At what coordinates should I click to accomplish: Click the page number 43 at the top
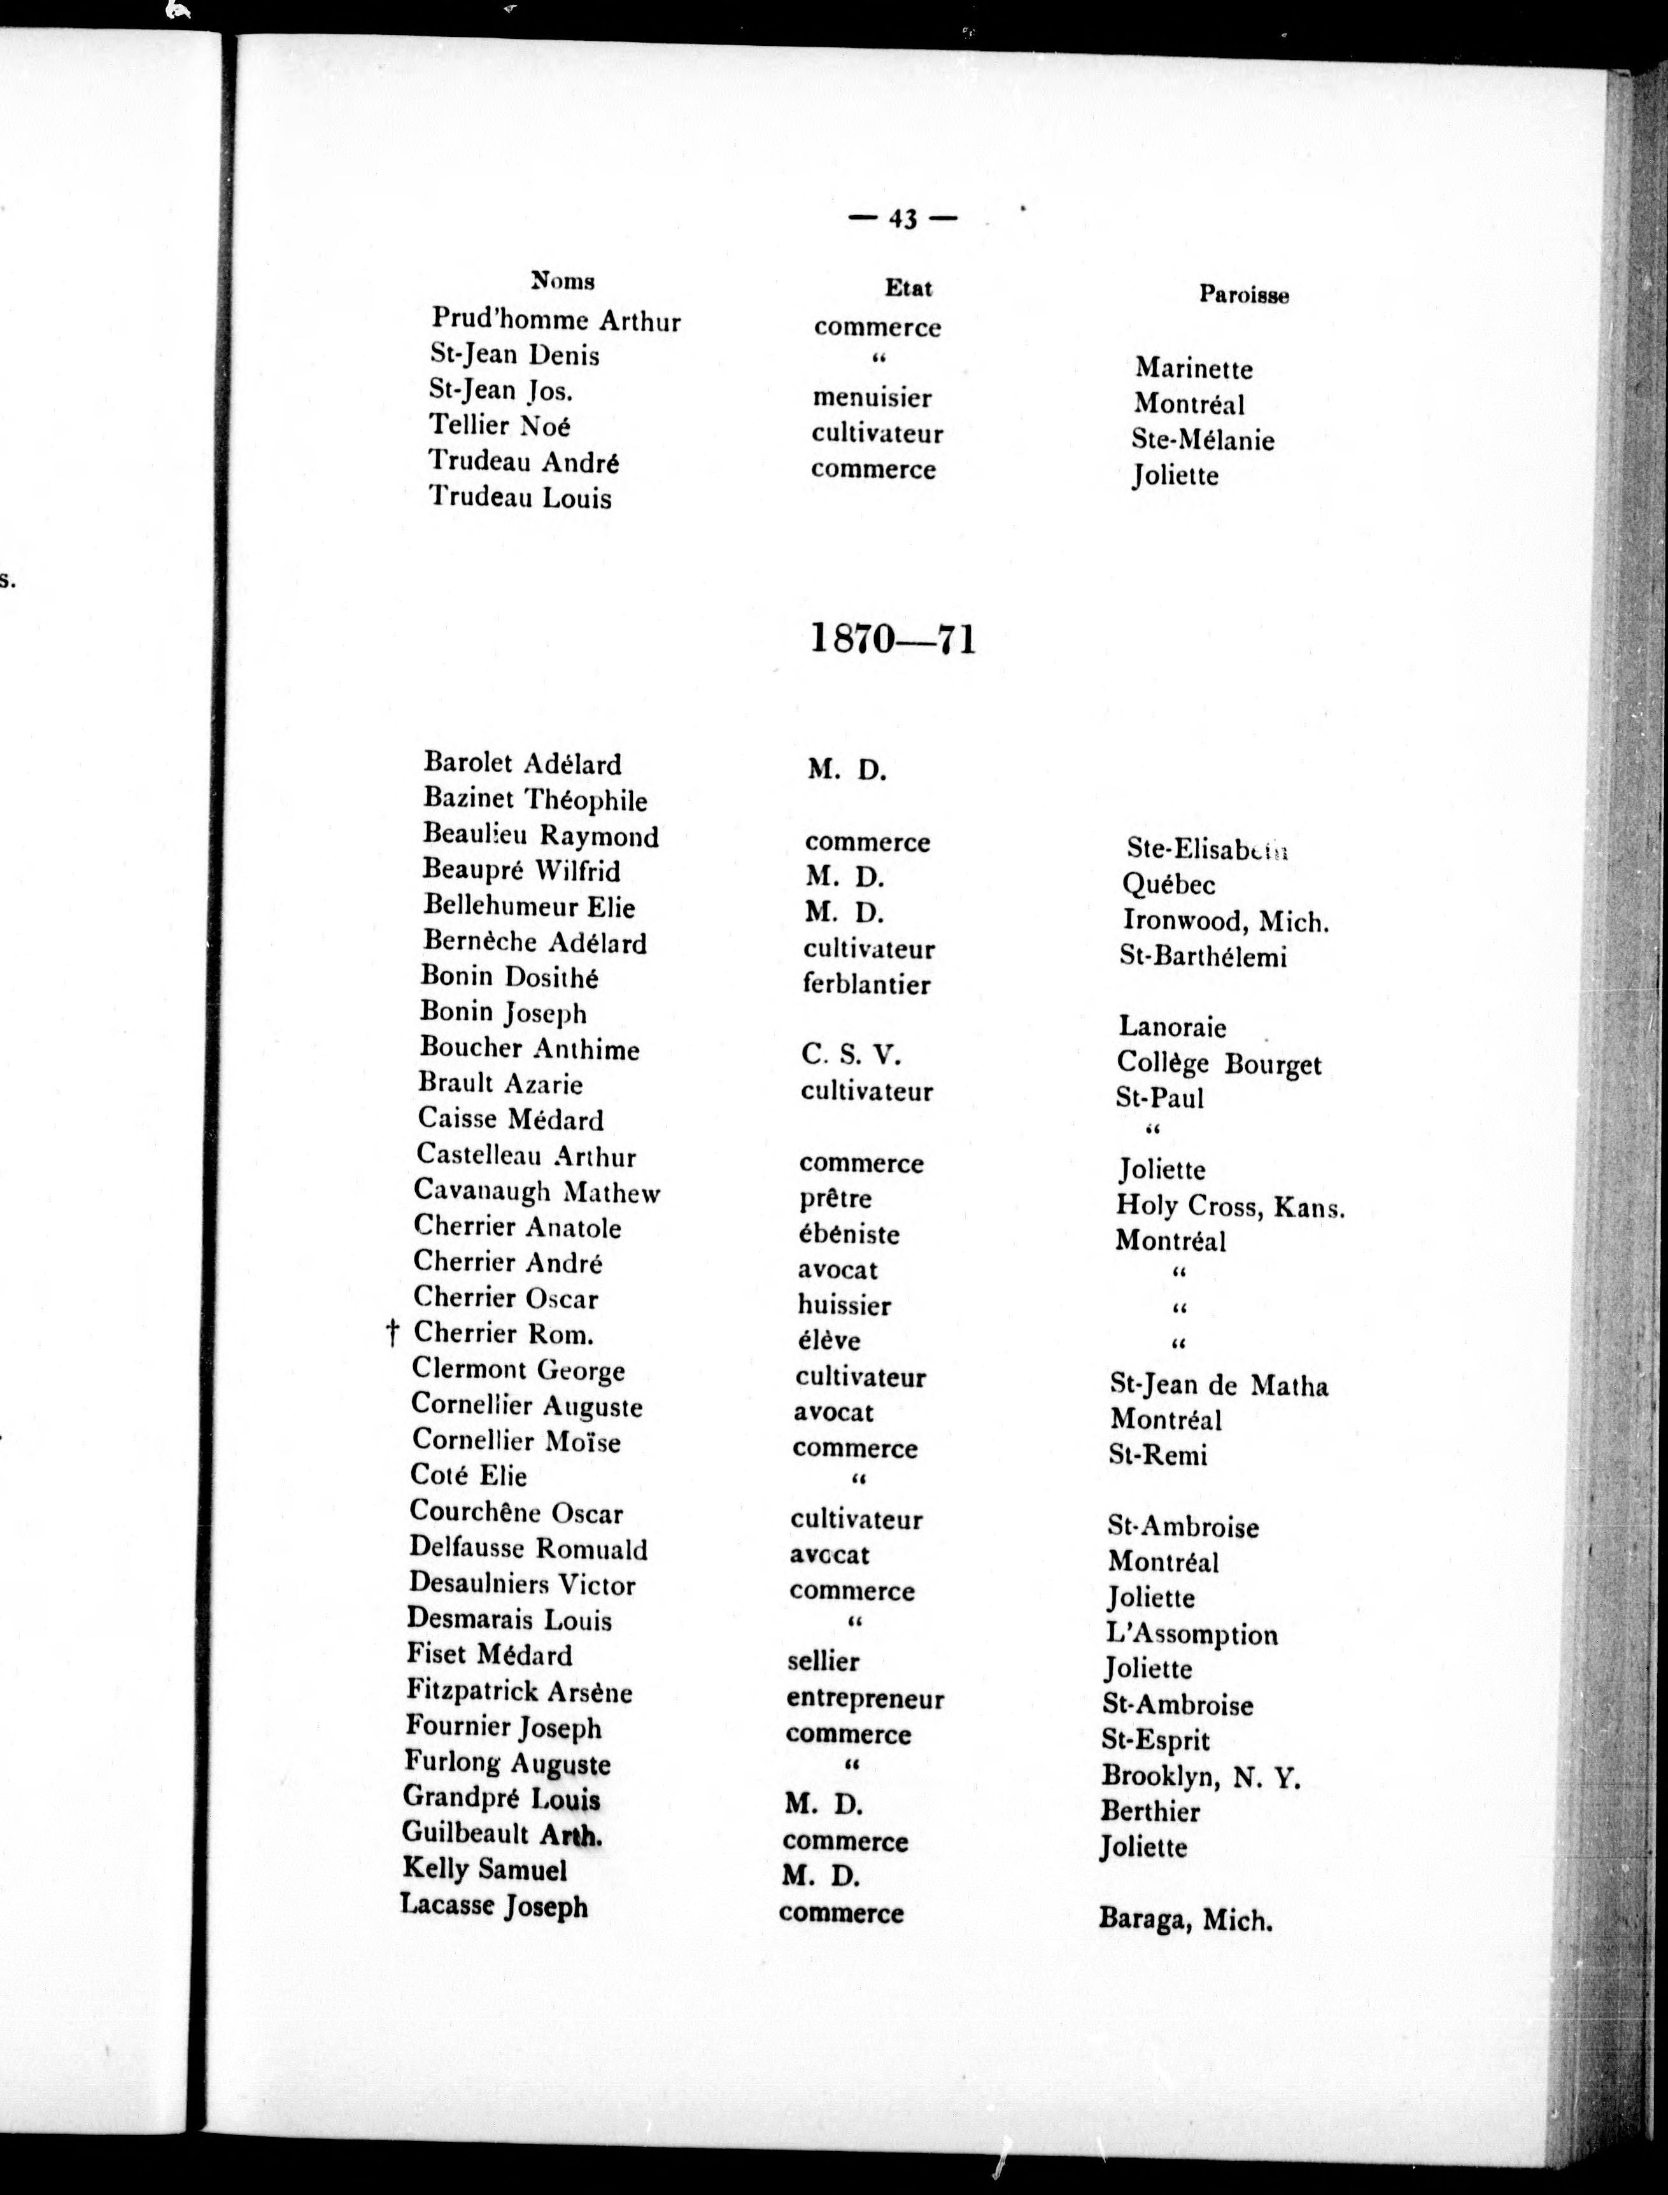[x=903, y=220]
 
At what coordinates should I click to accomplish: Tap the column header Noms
[x=563, y=281]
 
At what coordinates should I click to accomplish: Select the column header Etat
[x=908, y=288]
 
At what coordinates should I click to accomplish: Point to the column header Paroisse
[x=1243, y=295]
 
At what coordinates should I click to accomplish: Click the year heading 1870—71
[x=894, y=639]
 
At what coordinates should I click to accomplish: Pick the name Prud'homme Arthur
[x=556, y=321]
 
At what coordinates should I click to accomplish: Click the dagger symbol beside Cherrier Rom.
[x=392, y=1333]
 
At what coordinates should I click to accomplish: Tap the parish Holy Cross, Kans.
[x=1230, y=1207]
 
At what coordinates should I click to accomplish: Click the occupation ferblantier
[x=866, y=985]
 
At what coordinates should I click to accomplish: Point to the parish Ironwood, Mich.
[x=1225, y=921]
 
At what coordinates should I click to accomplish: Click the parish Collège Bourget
[x=1219, y=1063]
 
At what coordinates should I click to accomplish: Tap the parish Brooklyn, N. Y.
[x=1200, y=1776]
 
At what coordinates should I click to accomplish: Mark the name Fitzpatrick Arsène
[x=519, y=1691]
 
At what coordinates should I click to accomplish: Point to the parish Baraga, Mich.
[x=1185, y=1919]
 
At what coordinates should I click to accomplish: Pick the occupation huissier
[x=844, y=1306]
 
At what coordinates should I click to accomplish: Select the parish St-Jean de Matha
[x=1219, y=1385]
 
